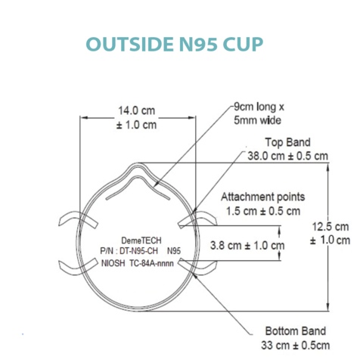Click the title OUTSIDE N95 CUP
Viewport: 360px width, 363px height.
[175, 44]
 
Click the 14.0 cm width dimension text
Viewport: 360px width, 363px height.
[136, 110]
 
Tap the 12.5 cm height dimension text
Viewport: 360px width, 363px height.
[331, 227]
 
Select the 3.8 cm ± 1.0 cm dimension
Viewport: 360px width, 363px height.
[247, 245]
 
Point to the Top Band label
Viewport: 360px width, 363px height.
[287, 142]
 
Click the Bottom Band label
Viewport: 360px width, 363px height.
[296, 331]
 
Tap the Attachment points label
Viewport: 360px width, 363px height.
[263, 197]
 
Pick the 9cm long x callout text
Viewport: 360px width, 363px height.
[259, 107]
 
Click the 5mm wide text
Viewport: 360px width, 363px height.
[257, 120]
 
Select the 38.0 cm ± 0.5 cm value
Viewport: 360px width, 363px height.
[287, 156]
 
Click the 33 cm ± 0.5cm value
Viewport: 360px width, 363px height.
[296, 345]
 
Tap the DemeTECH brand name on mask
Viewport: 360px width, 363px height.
[141, 240]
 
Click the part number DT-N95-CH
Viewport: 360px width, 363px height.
[138, 251]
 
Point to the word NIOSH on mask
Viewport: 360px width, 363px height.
[113, 263]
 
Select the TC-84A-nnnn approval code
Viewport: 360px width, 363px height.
[151, 263]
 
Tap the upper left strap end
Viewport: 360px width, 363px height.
[78, 219]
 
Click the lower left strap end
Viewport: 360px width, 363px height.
[78, 267]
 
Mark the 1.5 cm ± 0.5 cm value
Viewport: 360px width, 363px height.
[263, 211]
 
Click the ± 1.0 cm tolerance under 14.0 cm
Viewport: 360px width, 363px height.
[136, 125]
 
